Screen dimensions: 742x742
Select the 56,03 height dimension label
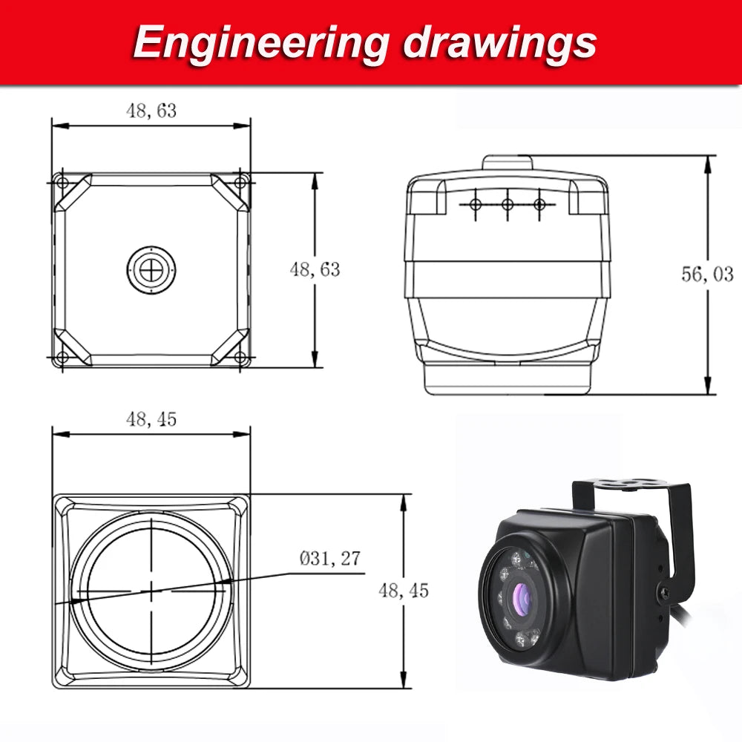tap(707, 275)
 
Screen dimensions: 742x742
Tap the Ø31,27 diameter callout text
tap(330, 559)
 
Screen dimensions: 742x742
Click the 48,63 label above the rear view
tap(151, 111)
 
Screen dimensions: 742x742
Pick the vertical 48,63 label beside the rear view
tap(315, 269)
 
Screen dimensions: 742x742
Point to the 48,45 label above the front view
tap(151, 419)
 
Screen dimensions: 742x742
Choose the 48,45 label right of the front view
tap(404, 591)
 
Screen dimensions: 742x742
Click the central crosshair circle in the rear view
tap(151, 269)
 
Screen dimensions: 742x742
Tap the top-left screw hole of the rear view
tap(62, 183)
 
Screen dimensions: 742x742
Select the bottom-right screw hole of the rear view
tap(240, 358)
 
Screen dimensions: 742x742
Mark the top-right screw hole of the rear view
tap(240, 183)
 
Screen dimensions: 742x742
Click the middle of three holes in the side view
tap(508, 203)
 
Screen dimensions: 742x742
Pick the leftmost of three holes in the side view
tap(476, 203)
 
